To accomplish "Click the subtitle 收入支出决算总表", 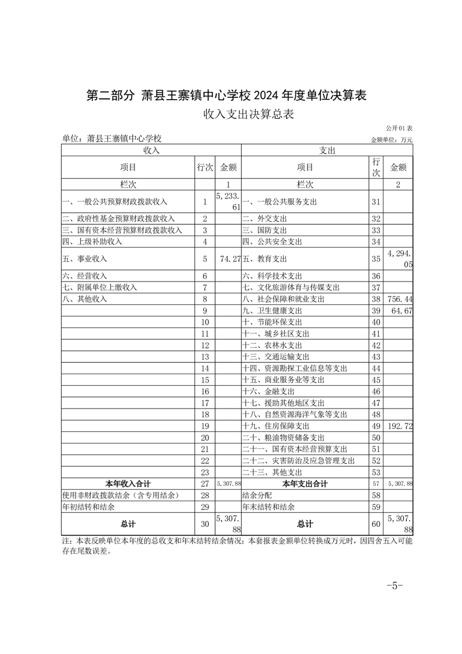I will point(248,114).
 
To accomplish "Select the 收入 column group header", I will point(151,150).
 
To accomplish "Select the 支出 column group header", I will point(327,150).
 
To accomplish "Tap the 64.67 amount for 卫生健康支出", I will point(402,311).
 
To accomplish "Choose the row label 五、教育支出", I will point(264,258).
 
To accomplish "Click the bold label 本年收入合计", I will point(128,484).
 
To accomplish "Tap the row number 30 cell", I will point(204,523).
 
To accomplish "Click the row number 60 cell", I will point(376,523).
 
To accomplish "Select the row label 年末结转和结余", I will point(269,507).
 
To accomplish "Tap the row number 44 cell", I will point(376,368).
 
